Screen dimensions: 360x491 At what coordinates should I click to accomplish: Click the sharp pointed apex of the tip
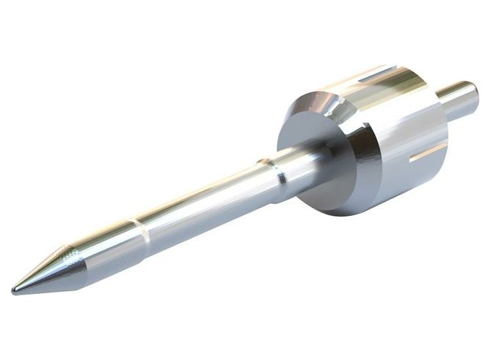(x=14, y=289)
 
